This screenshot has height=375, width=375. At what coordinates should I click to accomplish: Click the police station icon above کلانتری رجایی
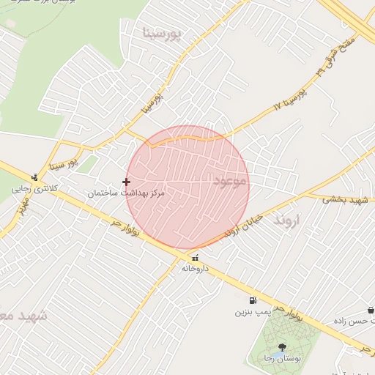(x=34, y=177)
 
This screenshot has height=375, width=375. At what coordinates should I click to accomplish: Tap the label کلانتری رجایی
(x=34, y=188)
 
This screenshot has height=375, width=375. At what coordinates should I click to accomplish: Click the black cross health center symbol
(x=127, y=182)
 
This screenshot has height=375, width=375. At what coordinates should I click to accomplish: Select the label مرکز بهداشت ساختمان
(x=127, y=193)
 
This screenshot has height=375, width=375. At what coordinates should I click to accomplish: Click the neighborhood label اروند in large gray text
(x=287, y=220)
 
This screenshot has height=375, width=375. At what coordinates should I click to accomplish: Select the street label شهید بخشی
(x=346, y=199)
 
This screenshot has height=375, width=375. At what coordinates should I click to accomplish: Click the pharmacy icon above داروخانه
(x=195, y=258)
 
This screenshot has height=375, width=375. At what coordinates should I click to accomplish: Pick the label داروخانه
(x=196, y=269)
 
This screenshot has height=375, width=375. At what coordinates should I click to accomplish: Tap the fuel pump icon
(x=253, y=300)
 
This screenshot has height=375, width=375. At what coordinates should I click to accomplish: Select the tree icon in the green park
(x=283, y=347)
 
